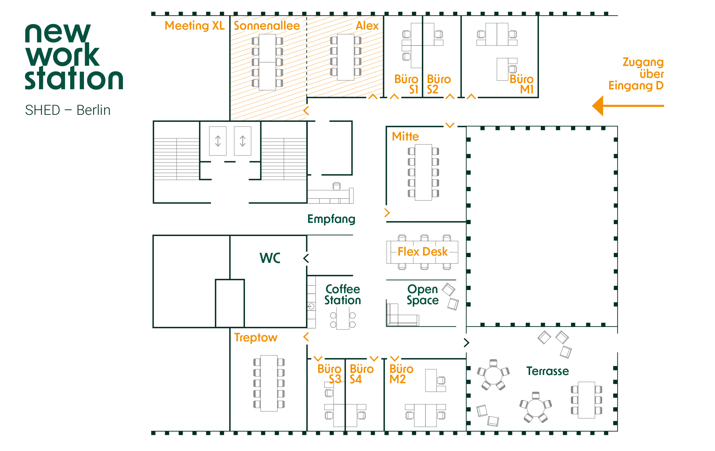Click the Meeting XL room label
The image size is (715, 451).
[194, 26]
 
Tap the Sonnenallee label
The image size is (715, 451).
[267, 26]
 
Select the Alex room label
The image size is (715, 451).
[367, 26]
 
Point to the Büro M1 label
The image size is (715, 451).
[522, 84]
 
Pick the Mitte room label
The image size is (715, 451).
[405, 136]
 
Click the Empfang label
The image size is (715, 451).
[331, 219]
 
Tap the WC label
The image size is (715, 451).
[270, 258]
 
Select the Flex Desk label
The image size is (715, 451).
[422, 252]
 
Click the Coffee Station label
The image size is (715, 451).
[343, 295]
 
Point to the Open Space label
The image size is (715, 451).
[423, 295]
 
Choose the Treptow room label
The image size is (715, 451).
[256, 338]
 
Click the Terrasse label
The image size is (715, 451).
[548, 371]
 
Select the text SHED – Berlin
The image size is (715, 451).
[68, 110]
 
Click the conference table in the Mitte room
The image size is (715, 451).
[423, 172]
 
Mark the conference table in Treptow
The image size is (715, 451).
[269, 383]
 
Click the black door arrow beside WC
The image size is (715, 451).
[306, 258]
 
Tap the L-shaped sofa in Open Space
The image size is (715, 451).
[400, 318]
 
